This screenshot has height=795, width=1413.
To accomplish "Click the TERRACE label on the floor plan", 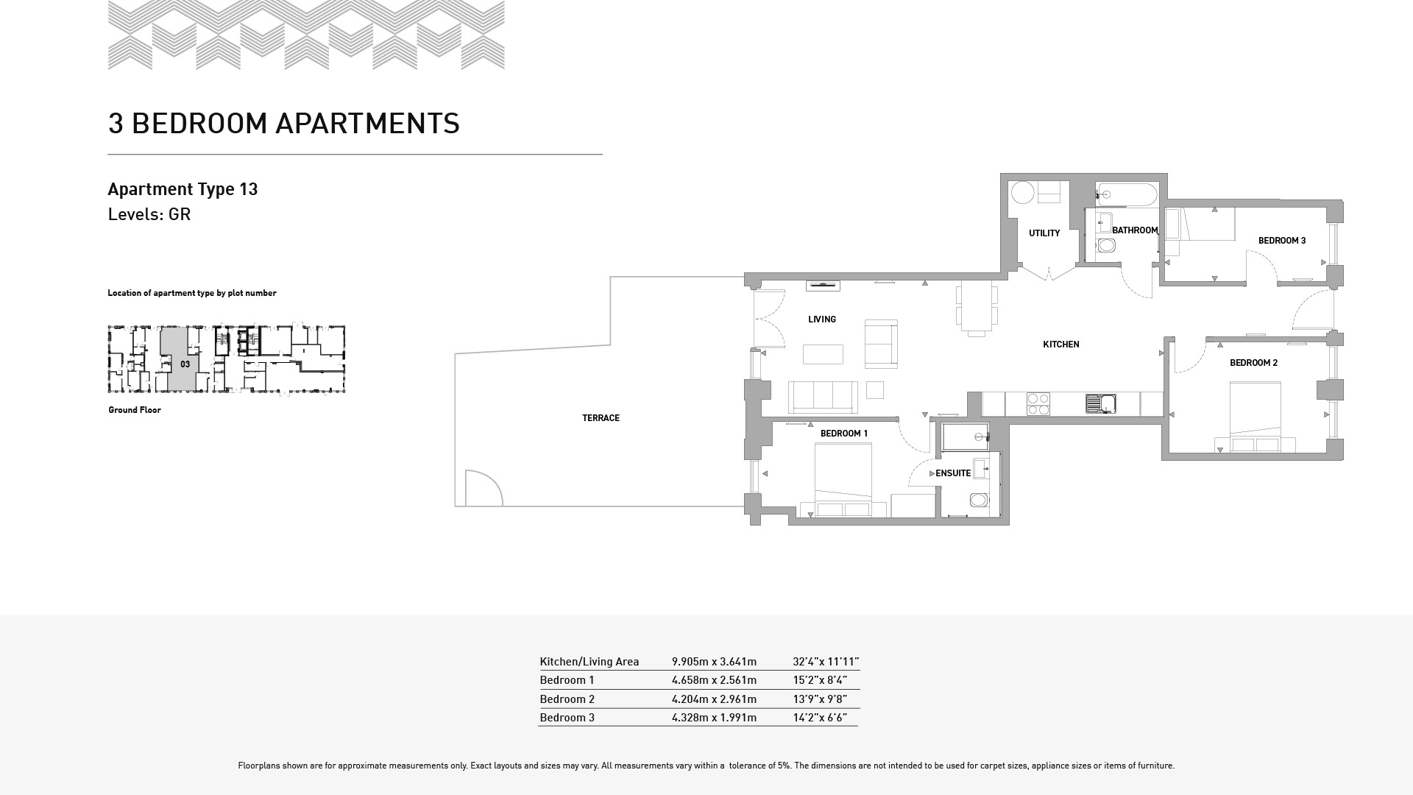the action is click(x=601, y=418).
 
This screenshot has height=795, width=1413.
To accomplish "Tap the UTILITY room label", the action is click(x=1044, y=233).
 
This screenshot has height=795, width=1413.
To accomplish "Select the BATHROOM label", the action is click(x=1135, y=230).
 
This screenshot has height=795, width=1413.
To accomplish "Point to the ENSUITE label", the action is click(x=953, y=473).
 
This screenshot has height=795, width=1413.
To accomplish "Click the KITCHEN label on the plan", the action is click(x=1061, y=344).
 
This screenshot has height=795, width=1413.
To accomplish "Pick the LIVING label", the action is click(x=822, y=319).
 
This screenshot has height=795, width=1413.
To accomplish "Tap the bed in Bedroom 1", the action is click(x=843, y=479).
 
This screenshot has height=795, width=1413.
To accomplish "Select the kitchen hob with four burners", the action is click(x=1038, y=404).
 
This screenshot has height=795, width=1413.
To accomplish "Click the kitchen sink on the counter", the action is click(x=1100, y=403).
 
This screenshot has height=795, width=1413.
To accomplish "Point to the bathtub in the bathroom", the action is click(x=1126, y=195).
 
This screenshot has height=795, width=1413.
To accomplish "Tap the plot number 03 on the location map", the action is click(x=185, y=364).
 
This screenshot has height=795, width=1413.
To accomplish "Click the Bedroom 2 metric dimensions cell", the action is click(x=714, y=699).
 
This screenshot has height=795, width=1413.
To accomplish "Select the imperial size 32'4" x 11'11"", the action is click(x=826, y=662).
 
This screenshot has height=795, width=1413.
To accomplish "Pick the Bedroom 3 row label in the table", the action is click(x=567, y=718).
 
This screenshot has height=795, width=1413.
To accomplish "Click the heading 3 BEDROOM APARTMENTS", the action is click(x=283, y=124).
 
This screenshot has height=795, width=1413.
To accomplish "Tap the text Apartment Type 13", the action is click(x=183, y=189).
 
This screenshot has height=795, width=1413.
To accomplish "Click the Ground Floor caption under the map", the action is click(x=135, y=410).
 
